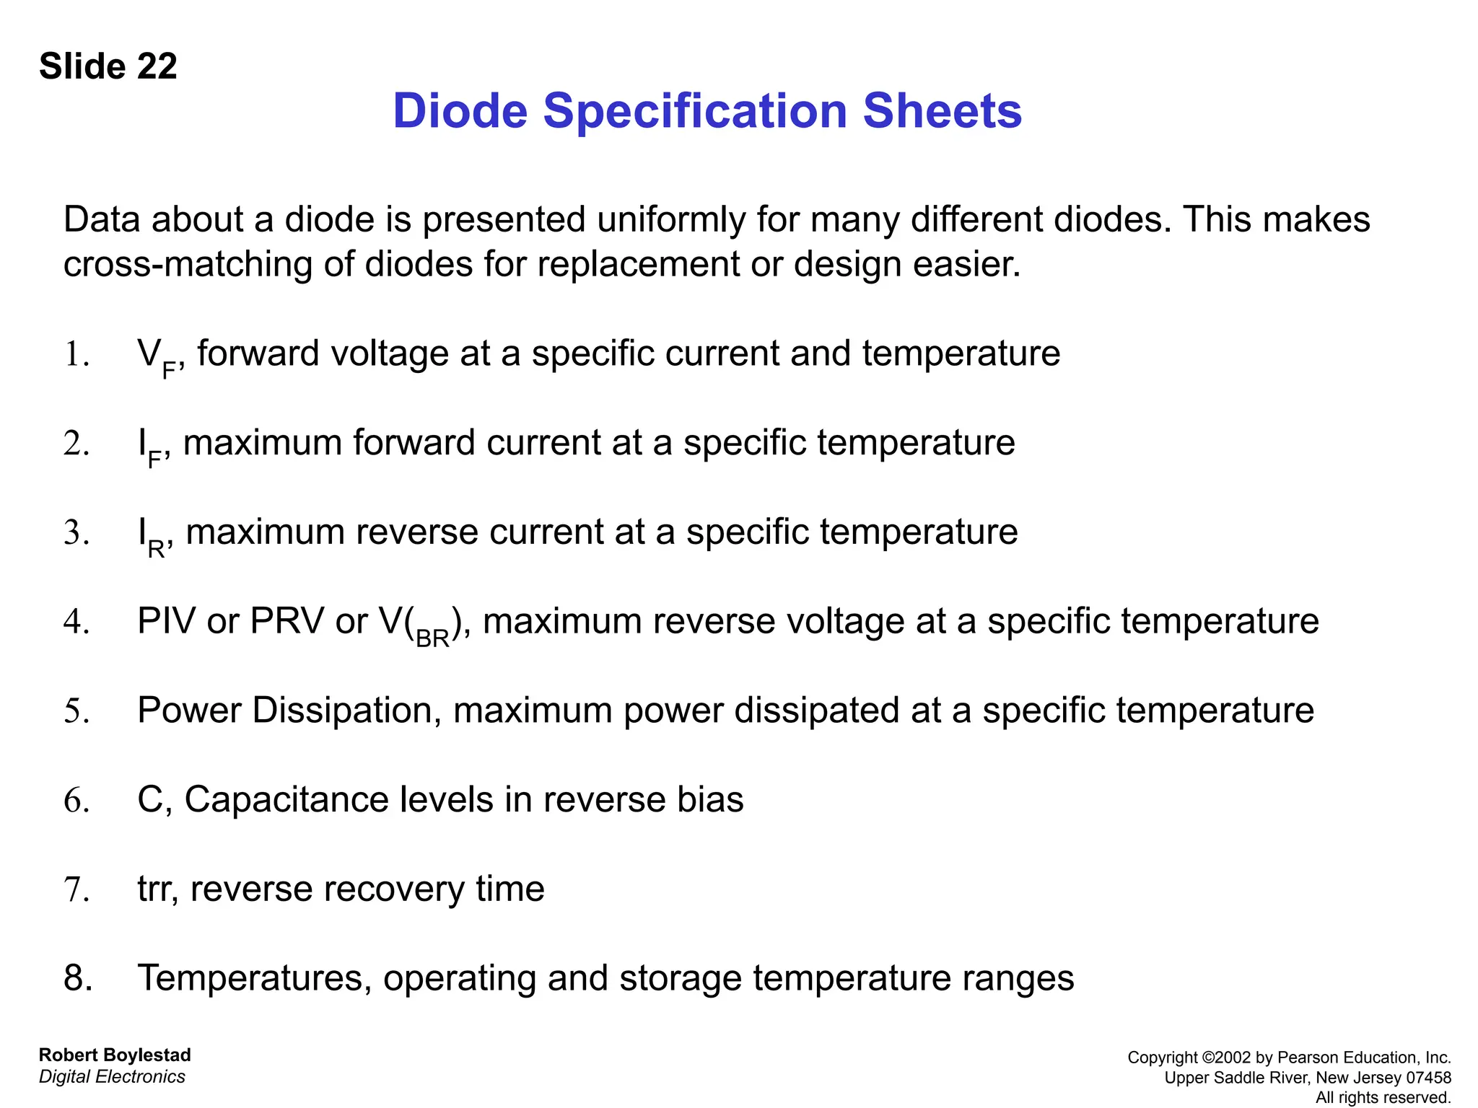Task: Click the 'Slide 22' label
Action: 108,66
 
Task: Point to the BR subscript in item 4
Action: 433,638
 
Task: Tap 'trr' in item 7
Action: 157,889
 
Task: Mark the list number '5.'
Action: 76,711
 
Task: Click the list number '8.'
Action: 78,978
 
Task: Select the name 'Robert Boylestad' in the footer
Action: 115,1055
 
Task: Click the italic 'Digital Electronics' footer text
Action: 112,1077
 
